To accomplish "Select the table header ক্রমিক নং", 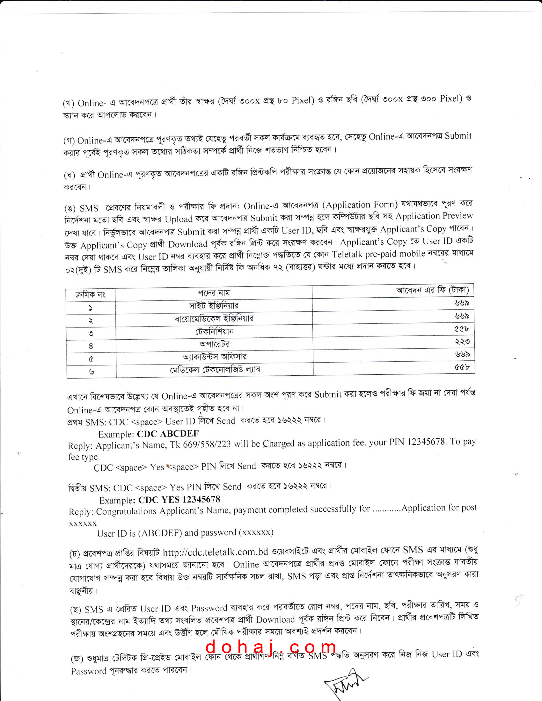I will point(91,295).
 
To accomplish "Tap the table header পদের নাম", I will point(214,293).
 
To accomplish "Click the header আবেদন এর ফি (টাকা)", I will point(433,290).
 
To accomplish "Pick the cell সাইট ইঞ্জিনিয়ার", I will point(214,305).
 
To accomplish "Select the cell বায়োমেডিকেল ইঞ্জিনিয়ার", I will point(214,318).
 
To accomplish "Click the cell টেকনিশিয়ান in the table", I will point(215,331).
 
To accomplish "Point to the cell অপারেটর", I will point(215,344).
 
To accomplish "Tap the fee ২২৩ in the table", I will point(462,342).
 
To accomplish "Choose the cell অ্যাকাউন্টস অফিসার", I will point(215,357).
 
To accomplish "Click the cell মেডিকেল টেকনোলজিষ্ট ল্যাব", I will point(215,370).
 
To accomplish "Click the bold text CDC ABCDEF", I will point(168,434).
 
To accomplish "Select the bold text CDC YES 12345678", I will point(179,500).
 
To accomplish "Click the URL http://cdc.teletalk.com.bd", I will point(216,552).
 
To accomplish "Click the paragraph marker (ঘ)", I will point(70,175).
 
